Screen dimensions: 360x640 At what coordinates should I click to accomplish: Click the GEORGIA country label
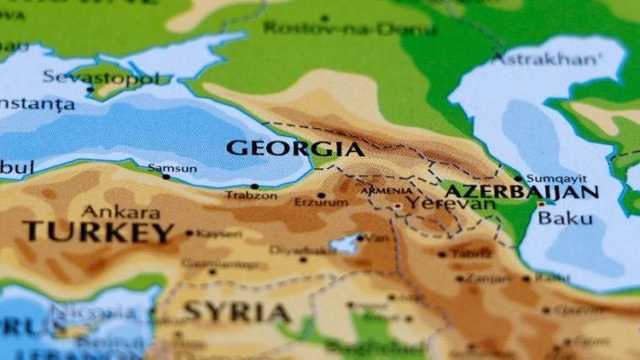pyautogui.click(x=294, y=148)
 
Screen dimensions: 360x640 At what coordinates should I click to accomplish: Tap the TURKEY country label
pyautogui.click(x=99, y=231)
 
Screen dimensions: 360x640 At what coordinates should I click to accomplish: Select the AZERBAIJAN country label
pyautogui.click(x=520, y=192)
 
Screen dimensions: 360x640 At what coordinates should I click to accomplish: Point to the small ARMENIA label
pyautogui.click(x=386, y=190)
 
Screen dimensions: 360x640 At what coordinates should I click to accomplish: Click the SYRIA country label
pyautogui.click(x=237, y=312)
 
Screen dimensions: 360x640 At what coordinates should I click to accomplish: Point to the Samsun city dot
pyautogui.click(x=165, y=176)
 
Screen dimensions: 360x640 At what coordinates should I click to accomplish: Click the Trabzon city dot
pyautogui.click(x=255, y=186)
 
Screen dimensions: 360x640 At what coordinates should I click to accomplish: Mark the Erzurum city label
pyautogui.click(x=320, y=203)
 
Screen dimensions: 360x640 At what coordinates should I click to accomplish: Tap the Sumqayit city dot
pyautogui.click(x=518, y=179)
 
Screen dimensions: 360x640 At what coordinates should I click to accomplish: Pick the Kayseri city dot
pyautogui.click(x=189, y=233)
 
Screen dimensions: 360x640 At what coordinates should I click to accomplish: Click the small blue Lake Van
pyautogui.click(x=347, y=244)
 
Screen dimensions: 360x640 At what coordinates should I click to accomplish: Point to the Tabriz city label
pyautogui.click(x=471, y=253)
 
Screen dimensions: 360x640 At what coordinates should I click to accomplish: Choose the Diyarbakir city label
pyautogui.click(x=299, y=249)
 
